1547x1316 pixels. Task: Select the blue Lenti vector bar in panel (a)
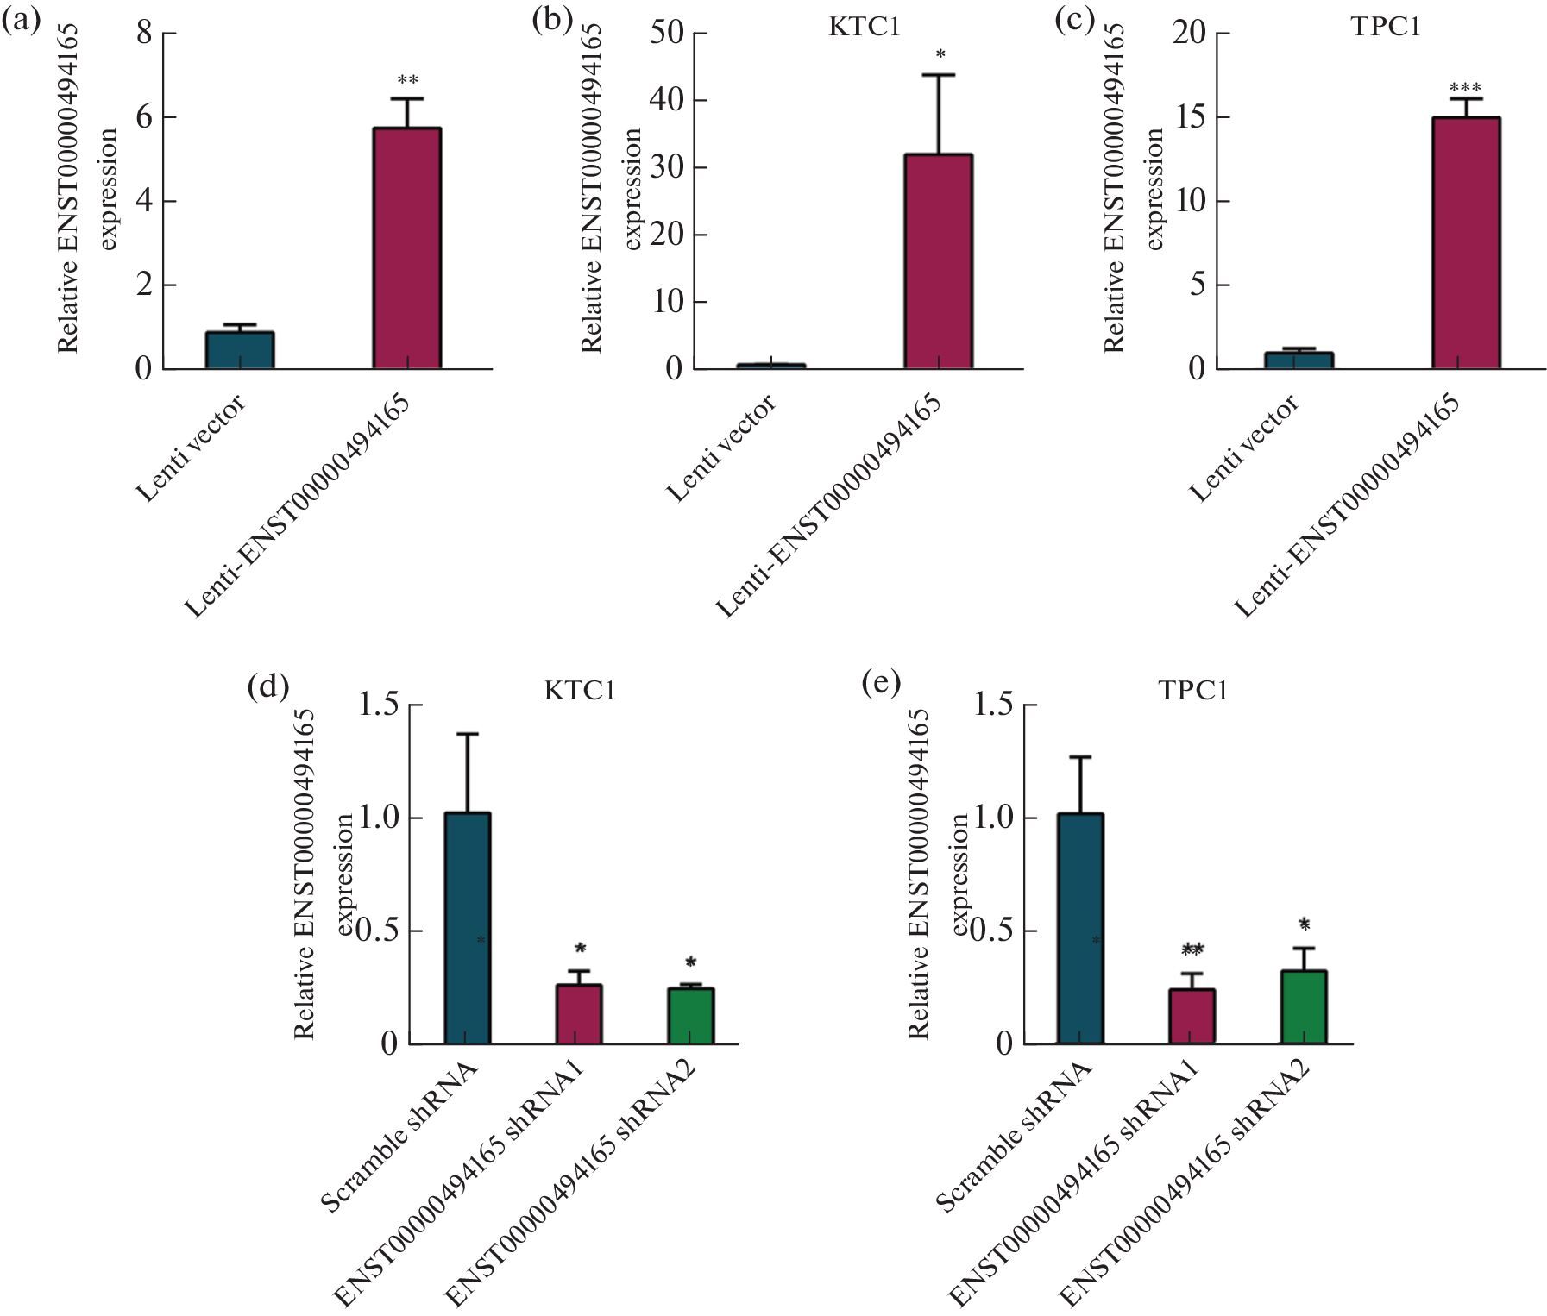[x=240, y=350]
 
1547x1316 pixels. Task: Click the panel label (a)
[x=22, y=20]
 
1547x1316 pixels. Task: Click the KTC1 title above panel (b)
[x=864, y=27]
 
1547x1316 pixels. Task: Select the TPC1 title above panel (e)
[x=1192, y=690]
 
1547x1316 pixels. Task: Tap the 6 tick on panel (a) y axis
[x=144, y=116]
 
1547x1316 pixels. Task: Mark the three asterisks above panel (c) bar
[x=1465, y=88]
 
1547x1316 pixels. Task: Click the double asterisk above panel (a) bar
[x=407, y=80]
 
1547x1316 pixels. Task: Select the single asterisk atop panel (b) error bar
[x=940, y=54]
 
